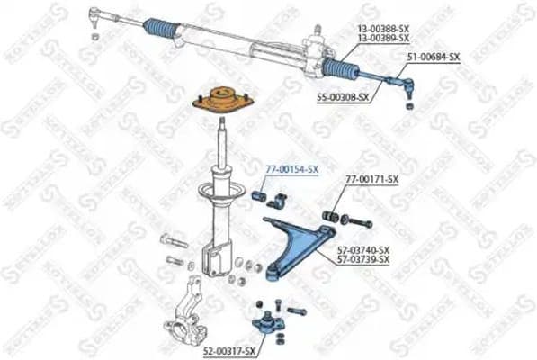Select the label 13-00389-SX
(x=383, y=40)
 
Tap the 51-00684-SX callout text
(x=433, y=57)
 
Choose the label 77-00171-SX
(x=371, y=180)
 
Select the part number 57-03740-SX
(x=363, y=249)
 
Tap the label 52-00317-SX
(x=230, y=349)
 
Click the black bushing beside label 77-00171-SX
(x=331, y=217)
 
